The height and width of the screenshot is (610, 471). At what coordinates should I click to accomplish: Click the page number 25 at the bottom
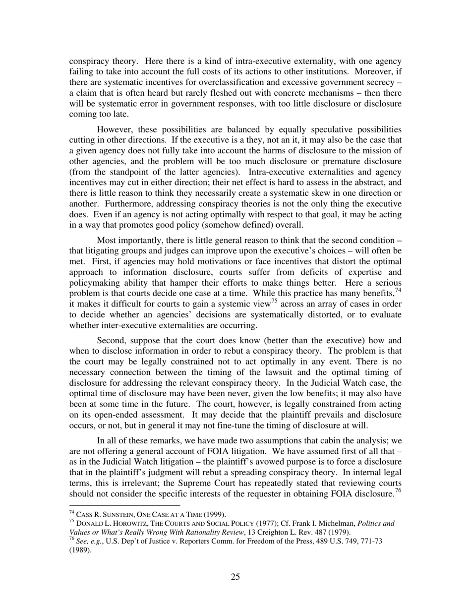[x=235, y=576]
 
